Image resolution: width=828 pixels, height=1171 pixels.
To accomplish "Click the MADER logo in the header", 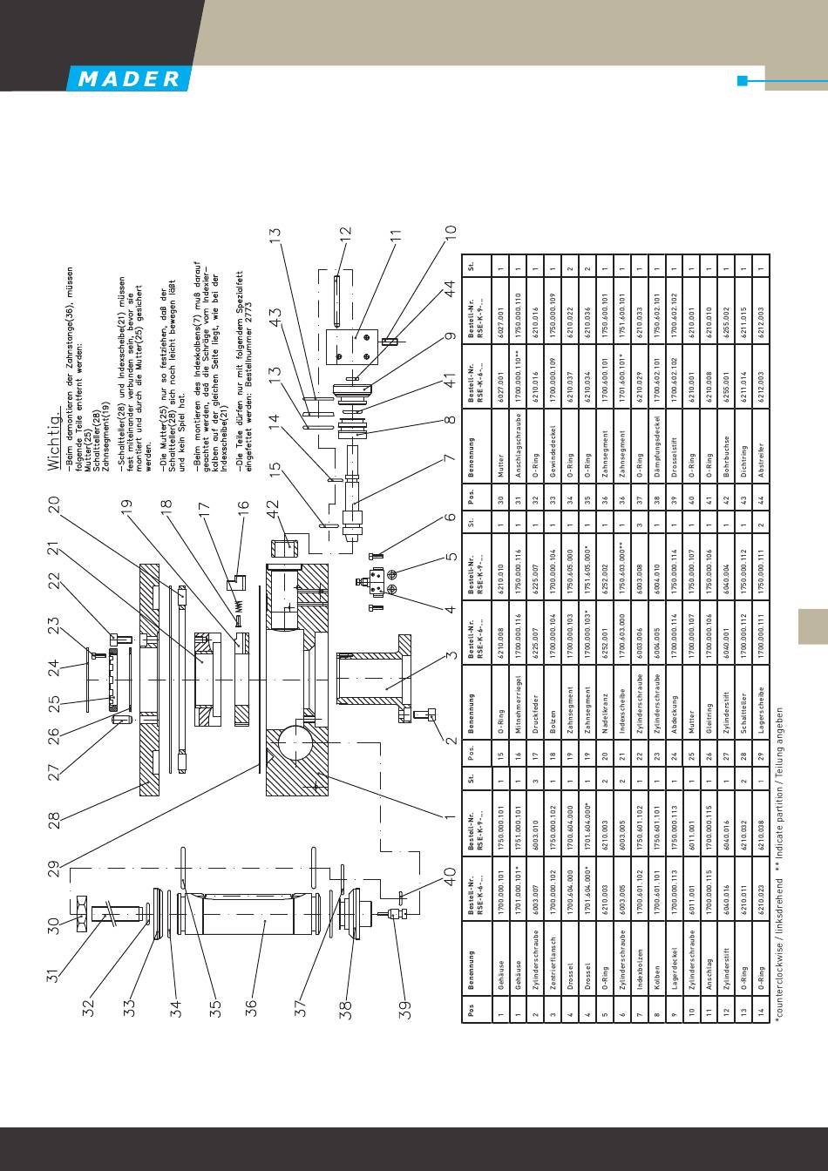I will (x=127, y=79).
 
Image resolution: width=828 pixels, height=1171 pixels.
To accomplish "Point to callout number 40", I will (x=451, y=877).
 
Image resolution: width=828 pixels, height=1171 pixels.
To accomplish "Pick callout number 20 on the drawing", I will (x=53, y=505).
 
